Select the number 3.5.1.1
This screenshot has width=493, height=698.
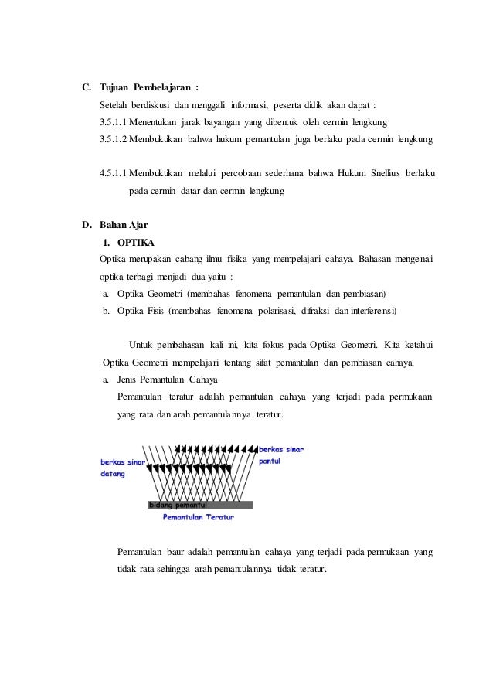point(114,121)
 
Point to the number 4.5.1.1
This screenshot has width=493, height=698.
point(114,174)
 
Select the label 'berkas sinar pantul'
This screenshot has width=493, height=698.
point(280,454)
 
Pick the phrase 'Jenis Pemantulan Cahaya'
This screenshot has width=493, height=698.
point(167,380)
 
